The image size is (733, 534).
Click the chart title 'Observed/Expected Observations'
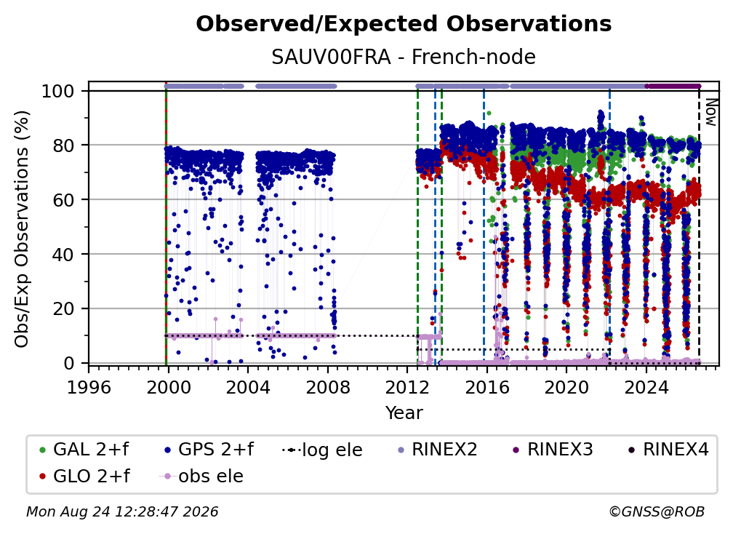coord(404,24)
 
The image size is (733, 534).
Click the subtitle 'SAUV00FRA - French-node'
coord(404,57)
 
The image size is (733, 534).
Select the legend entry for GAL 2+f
coord(84,450)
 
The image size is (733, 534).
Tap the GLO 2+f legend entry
coord(84,476)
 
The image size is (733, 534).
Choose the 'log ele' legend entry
coord(323,450)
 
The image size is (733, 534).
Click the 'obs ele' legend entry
coord(201,476)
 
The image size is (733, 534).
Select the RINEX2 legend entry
coord(438,450)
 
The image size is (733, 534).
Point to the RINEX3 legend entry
coord(553,450)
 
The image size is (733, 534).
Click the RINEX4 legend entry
coord(669,450)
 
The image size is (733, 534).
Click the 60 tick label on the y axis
coord(63,200)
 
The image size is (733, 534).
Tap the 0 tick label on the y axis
coord(69,363)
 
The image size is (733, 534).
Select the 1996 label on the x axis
coord(89,388)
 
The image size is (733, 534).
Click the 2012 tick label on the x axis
coord(407,388)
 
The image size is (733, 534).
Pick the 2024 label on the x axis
coord(646,388)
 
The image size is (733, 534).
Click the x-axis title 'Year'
coord(404,413)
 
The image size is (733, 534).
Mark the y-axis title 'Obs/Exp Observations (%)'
coord(22,228)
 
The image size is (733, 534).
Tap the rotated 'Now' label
coord(710,112)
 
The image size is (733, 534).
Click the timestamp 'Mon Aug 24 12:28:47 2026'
coord(122,511)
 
